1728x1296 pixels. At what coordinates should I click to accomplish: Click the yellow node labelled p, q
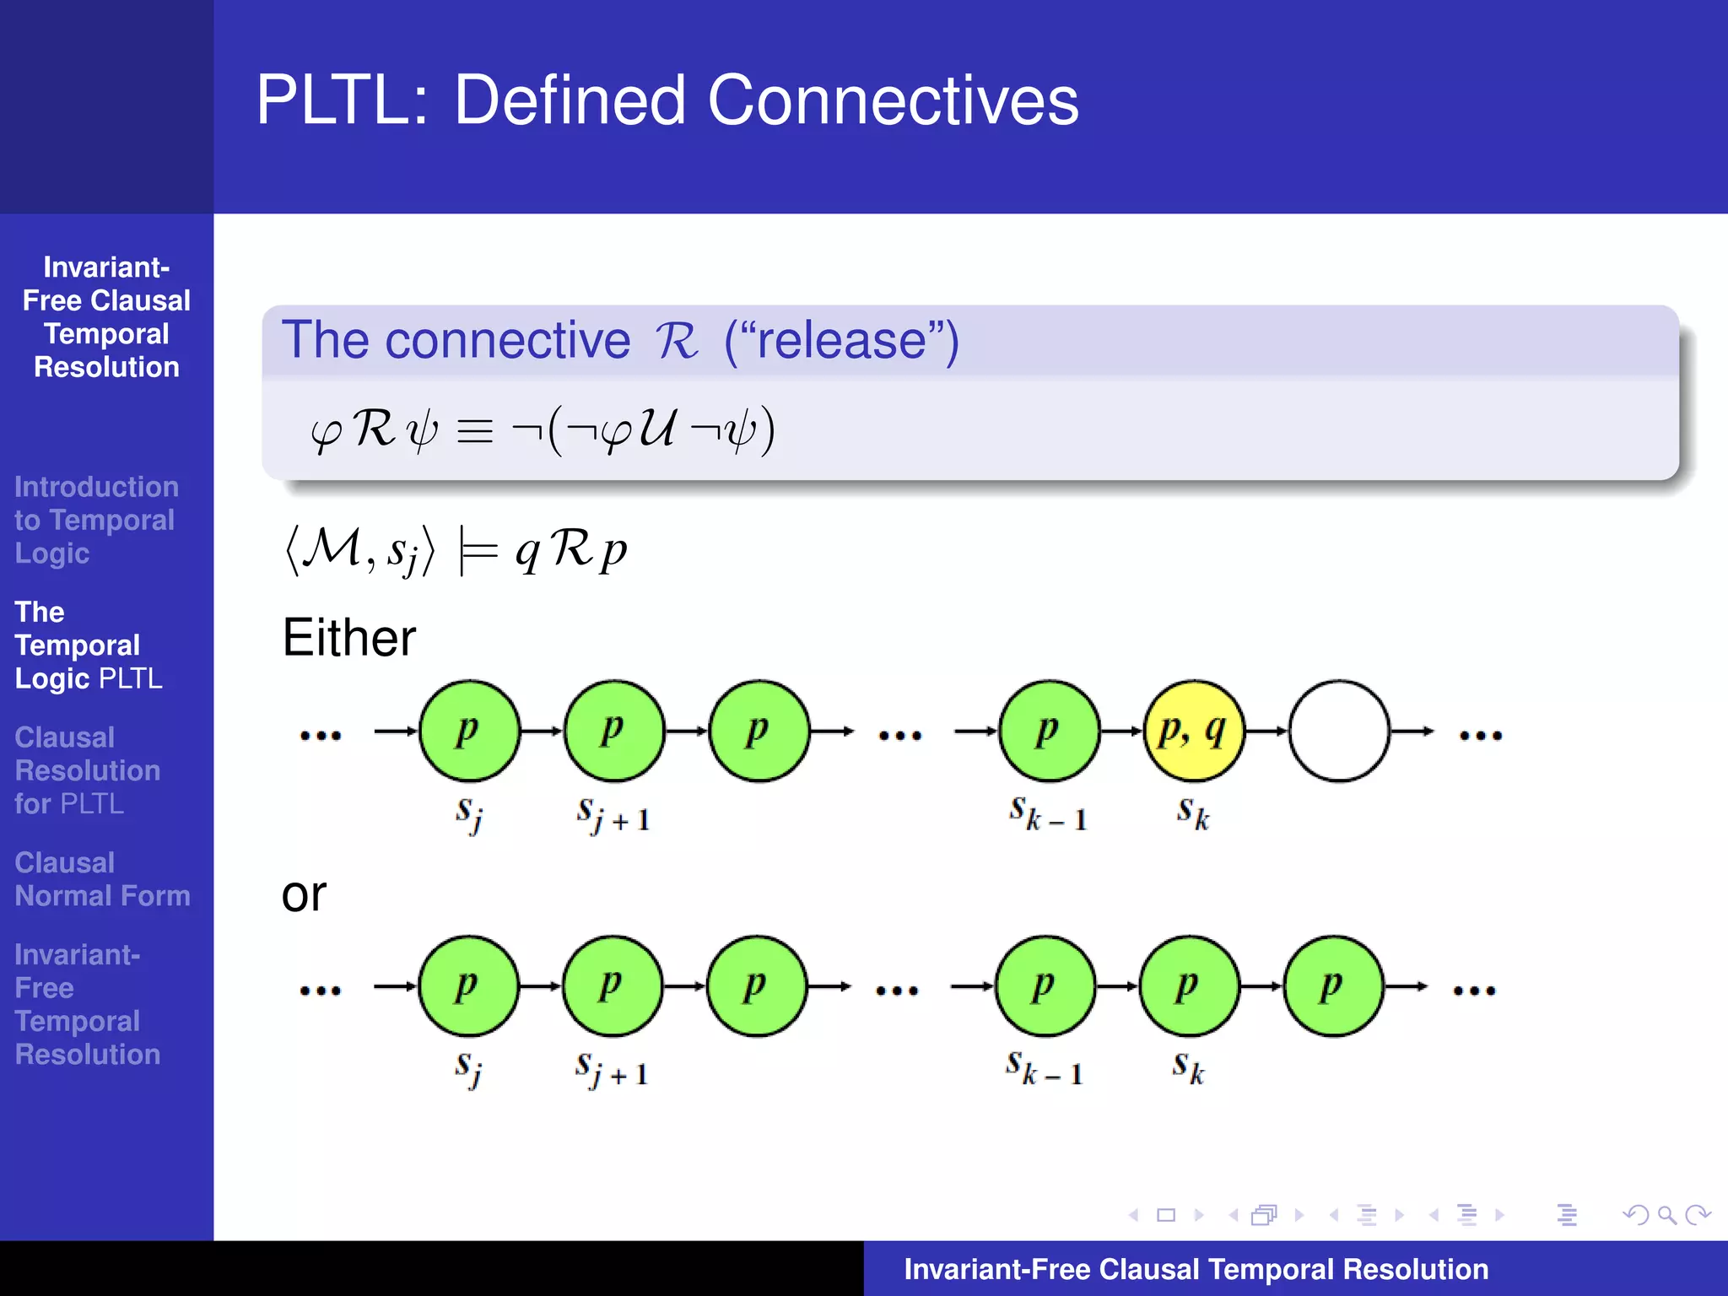tap(1193, 731)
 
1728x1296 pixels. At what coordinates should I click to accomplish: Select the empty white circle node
tap(1338, 731)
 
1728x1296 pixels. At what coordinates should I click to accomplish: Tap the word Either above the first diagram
tap(348, 638)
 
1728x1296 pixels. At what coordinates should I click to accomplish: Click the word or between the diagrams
tap(303, 894)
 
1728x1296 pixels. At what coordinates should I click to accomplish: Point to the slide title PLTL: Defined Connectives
tap(667, 100)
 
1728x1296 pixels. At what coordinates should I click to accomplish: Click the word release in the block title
tap(841, 340)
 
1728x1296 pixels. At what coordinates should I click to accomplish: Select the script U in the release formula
tap(657, 428)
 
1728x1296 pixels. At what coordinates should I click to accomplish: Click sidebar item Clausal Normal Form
tap(102, 879)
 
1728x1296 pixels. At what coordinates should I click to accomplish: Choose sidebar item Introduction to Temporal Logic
tap(95, 520)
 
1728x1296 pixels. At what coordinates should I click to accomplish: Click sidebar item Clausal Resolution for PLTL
tap(87, 770)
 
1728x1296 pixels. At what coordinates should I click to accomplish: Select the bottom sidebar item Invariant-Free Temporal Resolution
tap(87, 1004)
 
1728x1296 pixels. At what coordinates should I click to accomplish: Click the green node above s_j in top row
tap(469, 731)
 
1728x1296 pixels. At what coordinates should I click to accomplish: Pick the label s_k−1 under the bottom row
tap(1044, 1069)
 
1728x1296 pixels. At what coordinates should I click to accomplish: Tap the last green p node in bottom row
tap(1333, 985)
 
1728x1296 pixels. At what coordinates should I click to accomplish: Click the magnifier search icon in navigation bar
tap(1666, 1215)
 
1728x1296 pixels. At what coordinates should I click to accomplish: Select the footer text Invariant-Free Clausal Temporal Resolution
tap(1196, 1269)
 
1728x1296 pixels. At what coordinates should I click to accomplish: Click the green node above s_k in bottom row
tap(1189, 985)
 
